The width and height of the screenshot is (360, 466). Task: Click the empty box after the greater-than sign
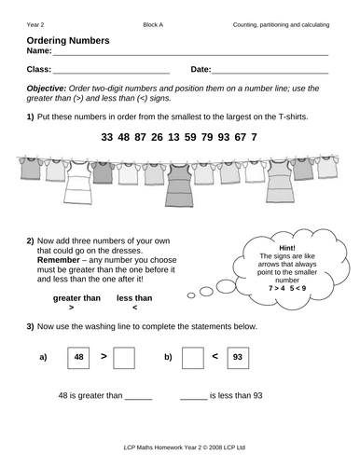125,356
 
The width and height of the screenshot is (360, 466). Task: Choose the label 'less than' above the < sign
134,298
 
